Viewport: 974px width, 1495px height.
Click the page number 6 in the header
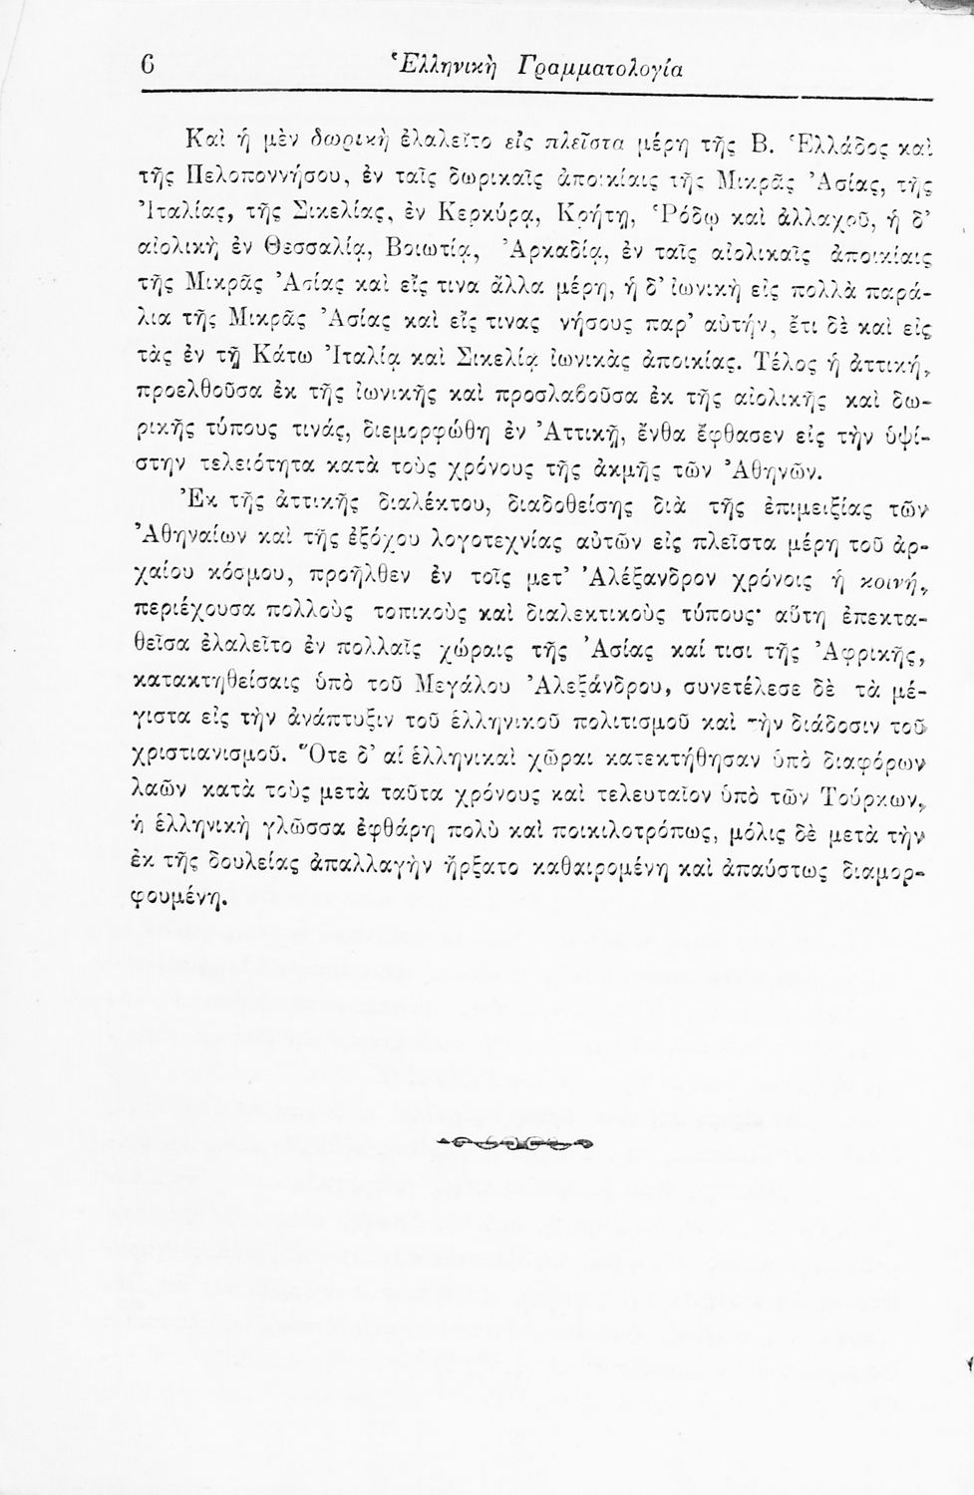[148, 69]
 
